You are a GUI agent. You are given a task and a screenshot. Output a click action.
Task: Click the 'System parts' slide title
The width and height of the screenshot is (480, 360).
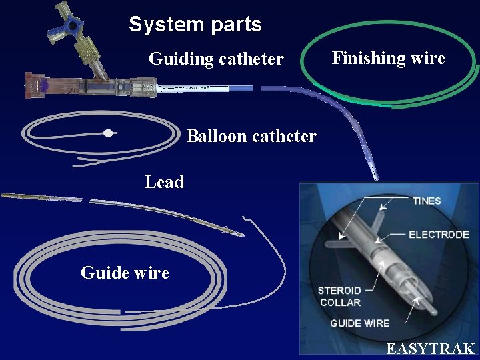195,25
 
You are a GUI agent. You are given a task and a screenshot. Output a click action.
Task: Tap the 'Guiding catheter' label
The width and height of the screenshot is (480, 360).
216,59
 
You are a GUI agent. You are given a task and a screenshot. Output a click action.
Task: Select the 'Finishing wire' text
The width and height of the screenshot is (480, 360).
388,58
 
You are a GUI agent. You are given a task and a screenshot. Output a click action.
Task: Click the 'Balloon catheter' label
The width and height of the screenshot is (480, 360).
251,136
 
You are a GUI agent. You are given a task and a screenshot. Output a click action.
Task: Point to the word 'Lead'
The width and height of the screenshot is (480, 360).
164,181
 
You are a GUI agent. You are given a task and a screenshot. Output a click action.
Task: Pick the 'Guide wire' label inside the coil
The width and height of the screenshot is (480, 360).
125,272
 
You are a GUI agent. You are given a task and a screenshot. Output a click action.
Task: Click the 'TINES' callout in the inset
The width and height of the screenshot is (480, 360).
426,201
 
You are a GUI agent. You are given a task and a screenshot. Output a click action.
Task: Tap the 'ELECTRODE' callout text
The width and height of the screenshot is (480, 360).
438,235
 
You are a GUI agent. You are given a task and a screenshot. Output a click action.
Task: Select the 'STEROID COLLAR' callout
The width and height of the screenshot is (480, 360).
339,297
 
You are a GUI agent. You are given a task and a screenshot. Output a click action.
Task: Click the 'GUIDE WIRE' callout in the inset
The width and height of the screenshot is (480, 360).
359,323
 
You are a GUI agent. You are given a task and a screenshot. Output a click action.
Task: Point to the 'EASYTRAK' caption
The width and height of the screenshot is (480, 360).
430,349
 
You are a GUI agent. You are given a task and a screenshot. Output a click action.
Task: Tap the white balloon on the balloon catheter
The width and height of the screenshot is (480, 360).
108,133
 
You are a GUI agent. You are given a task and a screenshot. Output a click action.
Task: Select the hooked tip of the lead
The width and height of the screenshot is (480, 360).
247,219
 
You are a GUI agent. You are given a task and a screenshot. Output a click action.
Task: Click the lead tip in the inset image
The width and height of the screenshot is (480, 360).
427,309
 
